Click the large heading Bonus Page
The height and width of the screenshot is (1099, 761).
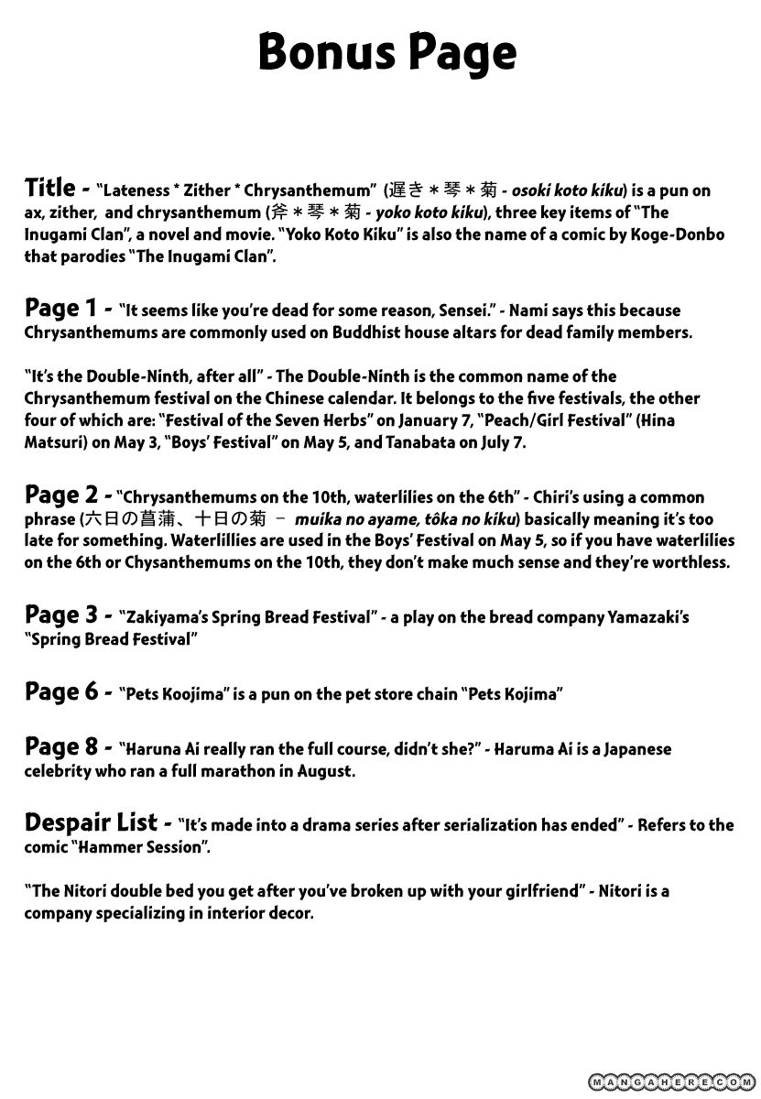pyautogui.click(x=386, y=53)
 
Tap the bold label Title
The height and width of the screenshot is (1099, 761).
pyautogui.click(x=49, y=188)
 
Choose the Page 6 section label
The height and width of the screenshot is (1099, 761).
pyautogui.click(x=61, y=691)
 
